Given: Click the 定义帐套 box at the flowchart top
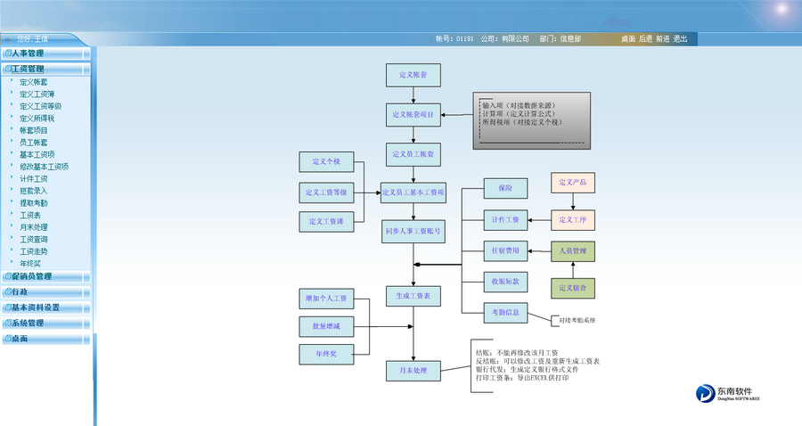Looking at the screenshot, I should pyautogui.click(x=413, y=76).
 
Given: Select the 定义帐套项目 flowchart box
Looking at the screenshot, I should pyautogui.click(x=413, y=115).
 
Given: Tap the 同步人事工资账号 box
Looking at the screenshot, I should pyautogui.click(x=413, y=231).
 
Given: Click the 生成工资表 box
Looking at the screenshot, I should pyautogui.click(x=413, y=295).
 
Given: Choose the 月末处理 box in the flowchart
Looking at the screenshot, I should pyautogui.click(x=413, y=370).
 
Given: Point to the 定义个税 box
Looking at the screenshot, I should pyautogui.click(x=326, y=162).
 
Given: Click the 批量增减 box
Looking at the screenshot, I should pyautogui.click(x=326, y=326).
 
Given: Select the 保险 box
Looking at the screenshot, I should pyautogui.click(x=505, y=188).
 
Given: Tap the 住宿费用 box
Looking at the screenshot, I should pyautogui.click(x=505, y=250).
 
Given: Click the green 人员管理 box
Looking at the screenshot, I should pyautogui.click(x=573, y=251).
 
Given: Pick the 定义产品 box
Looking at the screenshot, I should pyautogui.click(x=573, y=184).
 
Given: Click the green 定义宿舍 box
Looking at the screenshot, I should pyautogui.click(x=573, y=288).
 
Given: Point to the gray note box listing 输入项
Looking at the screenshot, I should pyautogui.click(x=531, y=120).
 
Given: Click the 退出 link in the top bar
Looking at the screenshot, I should pyautogui.click(x=681, y=39).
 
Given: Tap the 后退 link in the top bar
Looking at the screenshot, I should pyautogui.click(x=646, y=39).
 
